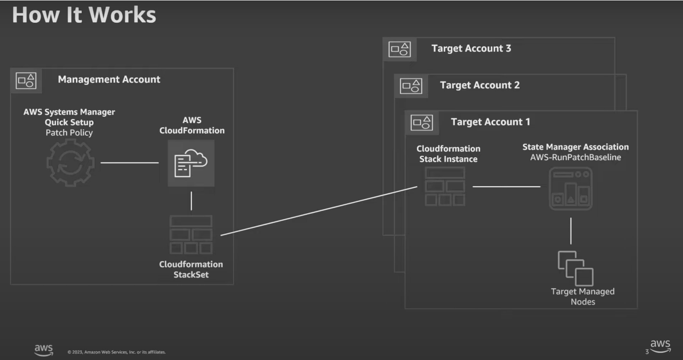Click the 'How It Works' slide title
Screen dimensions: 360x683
pos(84,15)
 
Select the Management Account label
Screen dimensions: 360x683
pos(109,79)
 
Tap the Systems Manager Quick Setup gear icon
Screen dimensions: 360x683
pos(70,162)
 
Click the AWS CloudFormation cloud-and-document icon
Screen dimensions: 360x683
pos(191,163)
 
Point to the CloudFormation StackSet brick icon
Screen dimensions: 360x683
pos(191,235)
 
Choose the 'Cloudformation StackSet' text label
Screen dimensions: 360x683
pos(191,269)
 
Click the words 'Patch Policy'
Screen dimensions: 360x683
pos(69,133)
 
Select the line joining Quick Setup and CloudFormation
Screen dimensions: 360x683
pos(130,162)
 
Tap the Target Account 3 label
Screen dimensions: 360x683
pos(471,48)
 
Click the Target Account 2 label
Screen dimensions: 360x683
pos(480,85)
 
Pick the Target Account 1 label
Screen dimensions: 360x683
pos(490,122)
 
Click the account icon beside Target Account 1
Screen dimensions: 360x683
pos(421,122)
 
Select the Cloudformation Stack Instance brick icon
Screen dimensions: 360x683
pos(445,187)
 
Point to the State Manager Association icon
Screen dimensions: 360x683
pos(570,189)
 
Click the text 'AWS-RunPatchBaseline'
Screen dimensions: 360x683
pos(575,157)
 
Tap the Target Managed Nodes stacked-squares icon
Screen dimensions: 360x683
pos(575,268)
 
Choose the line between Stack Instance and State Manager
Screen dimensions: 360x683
pos(506,187)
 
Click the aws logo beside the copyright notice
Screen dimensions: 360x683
pos(44,350)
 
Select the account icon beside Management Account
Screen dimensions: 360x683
pos(26,80)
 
